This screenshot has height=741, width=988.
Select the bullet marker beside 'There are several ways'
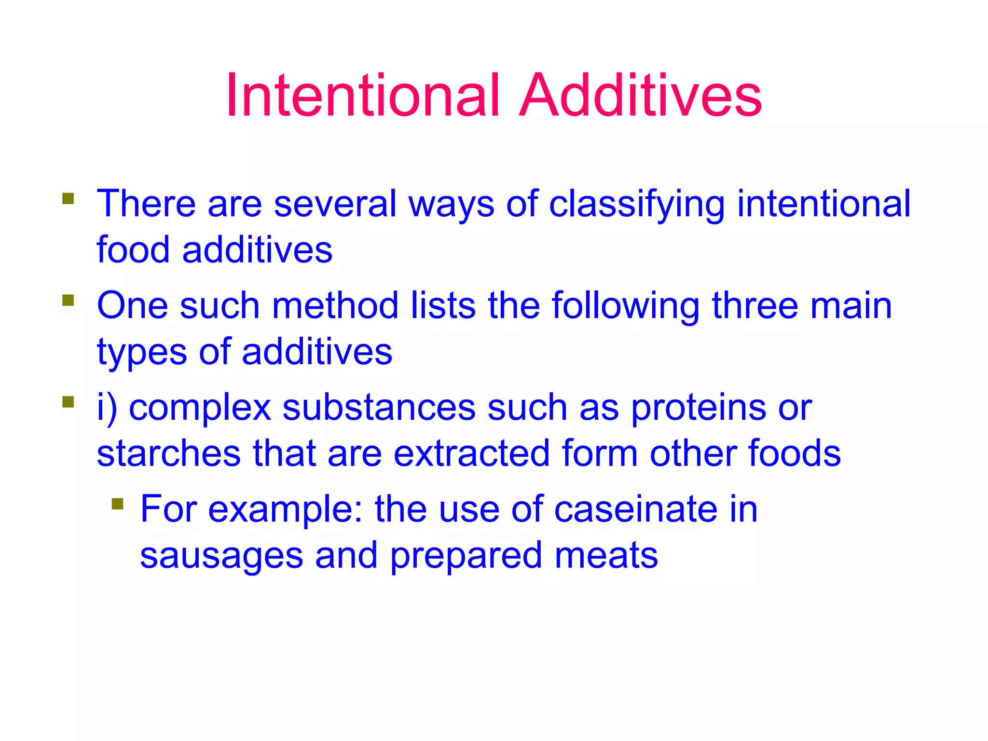(x=68, y=199)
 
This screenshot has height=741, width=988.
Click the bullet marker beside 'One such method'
(x=68, y=301)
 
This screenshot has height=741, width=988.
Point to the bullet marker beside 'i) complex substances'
(x=68, y=402)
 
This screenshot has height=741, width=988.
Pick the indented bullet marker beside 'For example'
(x=117, y=504)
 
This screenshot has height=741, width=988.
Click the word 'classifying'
(x=637, y=204)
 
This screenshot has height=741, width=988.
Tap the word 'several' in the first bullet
(x=335, y=203)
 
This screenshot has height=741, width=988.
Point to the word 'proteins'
(x=698, y=408)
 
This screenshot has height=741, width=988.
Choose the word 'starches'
(x=169, y=453)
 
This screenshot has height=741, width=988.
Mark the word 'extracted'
(x=472, y=453)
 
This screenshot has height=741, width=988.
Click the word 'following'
(x=626, y=306)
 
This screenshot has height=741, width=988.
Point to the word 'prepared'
(x=467, y=556)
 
